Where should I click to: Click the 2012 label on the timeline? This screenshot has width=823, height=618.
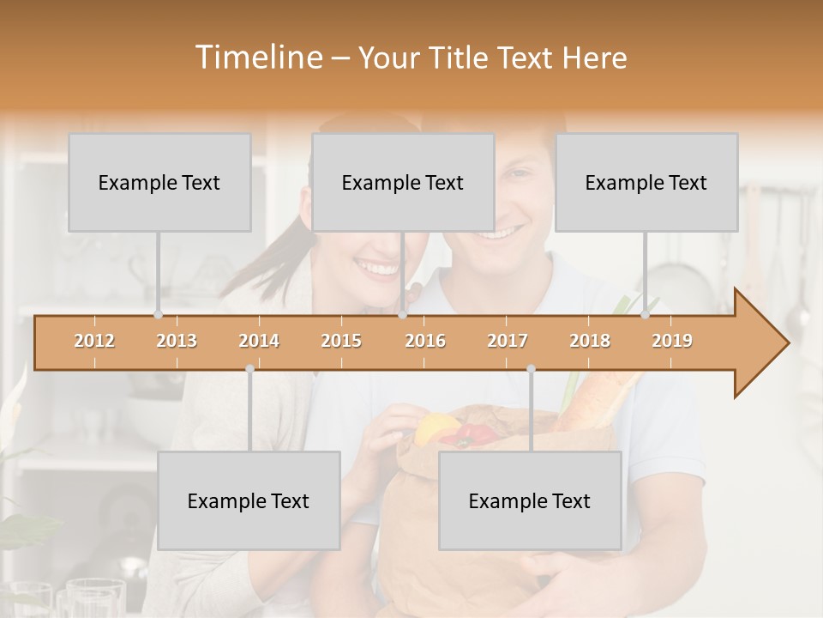point(94,341)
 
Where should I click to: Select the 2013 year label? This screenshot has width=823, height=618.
point(177,341)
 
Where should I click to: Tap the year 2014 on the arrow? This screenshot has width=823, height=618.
point(259,341)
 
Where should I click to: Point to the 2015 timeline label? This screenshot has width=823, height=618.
point(341,341)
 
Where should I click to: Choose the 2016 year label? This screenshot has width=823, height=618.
point(425,341)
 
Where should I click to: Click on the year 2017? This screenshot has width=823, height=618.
point(508,341)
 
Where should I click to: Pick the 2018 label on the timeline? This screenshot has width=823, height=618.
point(590,341)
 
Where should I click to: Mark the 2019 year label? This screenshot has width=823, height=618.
point(672,341)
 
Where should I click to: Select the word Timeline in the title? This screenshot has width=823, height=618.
point(257,58)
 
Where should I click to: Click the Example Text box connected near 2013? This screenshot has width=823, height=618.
point(159,183)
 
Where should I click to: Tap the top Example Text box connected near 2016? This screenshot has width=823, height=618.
point(403,183)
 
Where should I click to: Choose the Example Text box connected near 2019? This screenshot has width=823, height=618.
point(646,183)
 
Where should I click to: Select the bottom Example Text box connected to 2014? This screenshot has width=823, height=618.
point(249,501)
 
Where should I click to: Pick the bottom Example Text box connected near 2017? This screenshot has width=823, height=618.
point(530,501)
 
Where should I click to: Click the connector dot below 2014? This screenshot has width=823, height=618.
point(249,368)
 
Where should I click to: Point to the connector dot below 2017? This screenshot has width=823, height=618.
point(531,368)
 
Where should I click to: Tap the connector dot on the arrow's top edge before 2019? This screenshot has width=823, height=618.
point(646,315)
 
